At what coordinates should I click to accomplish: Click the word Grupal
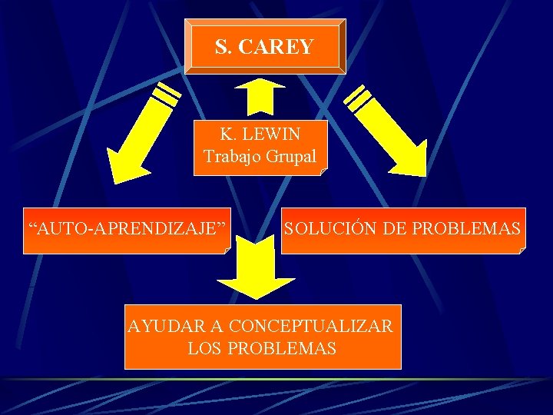click(x=291, y=156)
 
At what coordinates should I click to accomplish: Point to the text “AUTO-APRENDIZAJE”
click(x=127, y=228)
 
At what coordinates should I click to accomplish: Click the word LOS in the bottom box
click(x=204, y=348)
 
